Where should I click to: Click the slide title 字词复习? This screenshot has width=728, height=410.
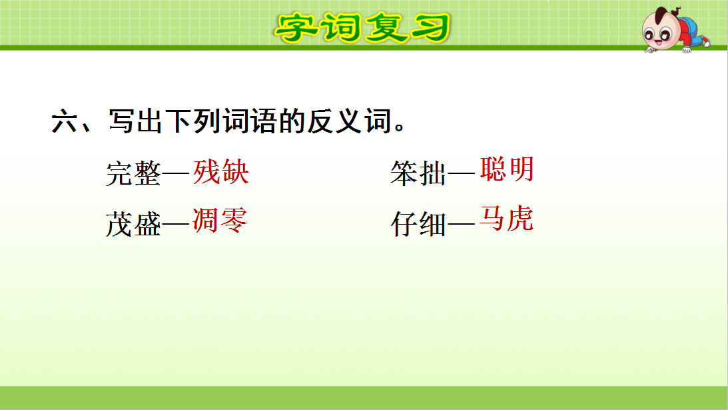pos(364,27)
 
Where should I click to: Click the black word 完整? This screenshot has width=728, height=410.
pos(133,173)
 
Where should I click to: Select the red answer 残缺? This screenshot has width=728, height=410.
pos(221,172)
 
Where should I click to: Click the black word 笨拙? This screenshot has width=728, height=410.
pos(418,173)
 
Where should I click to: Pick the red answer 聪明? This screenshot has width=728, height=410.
pos(507,170)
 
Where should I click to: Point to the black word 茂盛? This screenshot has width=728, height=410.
pos(133,225)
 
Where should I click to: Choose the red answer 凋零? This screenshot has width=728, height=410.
pos(220,220)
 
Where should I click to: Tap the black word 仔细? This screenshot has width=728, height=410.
pos(418,225)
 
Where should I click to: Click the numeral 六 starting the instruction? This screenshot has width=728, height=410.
pos(65,123)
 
